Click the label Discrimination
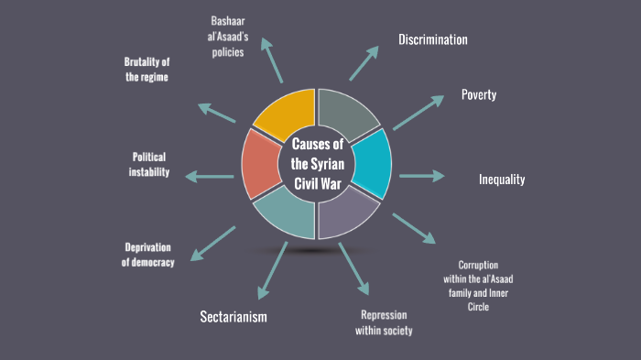tap(433, 39)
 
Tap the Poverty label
tap(479, 95)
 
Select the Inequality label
tap(502, 180)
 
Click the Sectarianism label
tap(233, 317)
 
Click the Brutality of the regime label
tap(147, 70)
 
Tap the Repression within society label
tap(385, 322)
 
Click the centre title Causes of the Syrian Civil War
tap(317, 164)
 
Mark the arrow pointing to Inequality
tap(421, 175)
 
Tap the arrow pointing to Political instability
tap(210, 175)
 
